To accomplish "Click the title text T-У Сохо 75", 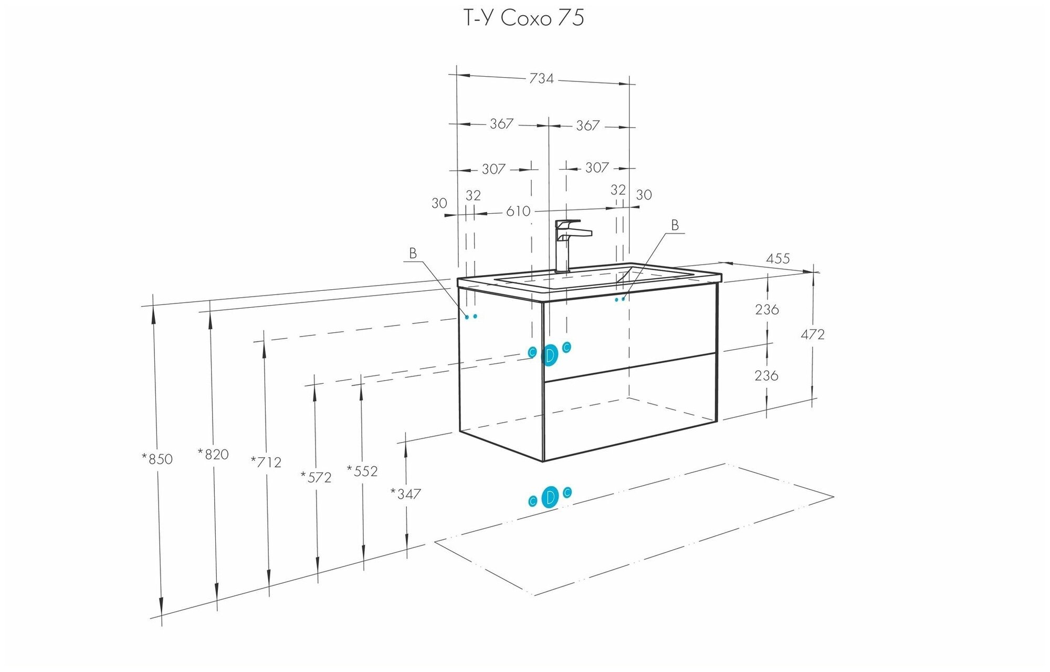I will pos(523,18).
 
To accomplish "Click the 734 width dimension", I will pos(541,79).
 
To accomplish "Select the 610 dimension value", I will pos(518,211).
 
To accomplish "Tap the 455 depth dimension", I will pos(778,259).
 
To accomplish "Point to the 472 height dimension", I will pos(812,334).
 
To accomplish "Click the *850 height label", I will pos(157,459).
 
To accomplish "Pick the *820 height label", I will pos(213,454).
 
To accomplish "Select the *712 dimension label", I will pos(266,463).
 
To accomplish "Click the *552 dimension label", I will pos(362,471).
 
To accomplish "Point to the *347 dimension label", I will pos(405,494).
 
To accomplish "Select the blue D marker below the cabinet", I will pos(550,497).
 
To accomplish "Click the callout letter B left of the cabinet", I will pos(413,254).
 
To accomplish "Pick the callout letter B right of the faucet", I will pos(675,225).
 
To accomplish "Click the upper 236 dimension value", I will pos(766,310).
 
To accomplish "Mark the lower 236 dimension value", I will pos(766,376).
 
